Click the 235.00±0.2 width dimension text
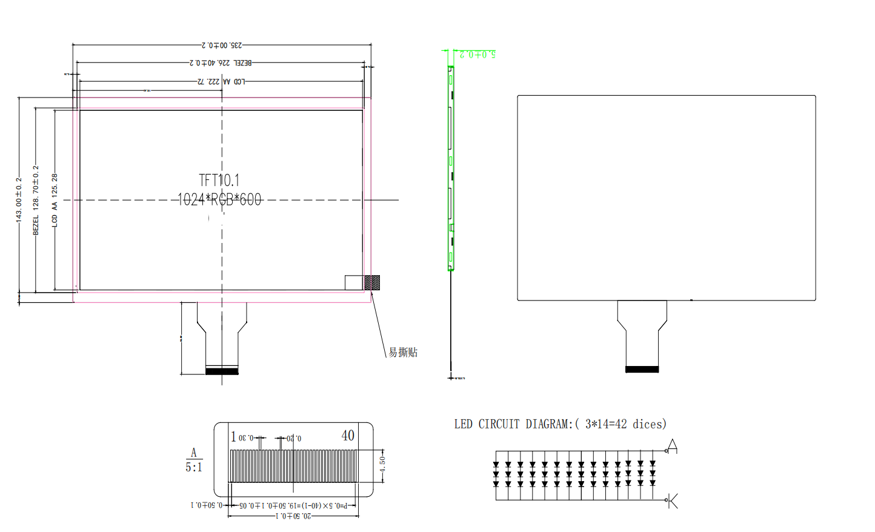[222, 45]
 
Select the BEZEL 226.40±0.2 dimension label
[221, 63]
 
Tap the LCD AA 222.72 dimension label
[221, 82]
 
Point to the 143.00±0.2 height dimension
[19, 200]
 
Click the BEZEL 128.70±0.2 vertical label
[36, 200]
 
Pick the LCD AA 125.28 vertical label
[55, 200]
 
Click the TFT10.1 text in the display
[219, 180]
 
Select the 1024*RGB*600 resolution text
[219, 199]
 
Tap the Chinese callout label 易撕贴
[403, 353]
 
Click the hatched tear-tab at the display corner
[372, 282]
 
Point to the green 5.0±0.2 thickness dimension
[477, 55]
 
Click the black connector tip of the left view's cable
[222, 371]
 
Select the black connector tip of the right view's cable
[642, 369]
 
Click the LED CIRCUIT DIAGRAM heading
[560, 424]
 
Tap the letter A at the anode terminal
[672, 447]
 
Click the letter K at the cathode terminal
[673, 501]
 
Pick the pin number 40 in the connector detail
[348, 436]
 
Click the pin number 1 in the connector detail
[233, 436]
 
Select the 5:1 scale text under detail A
[194, 467]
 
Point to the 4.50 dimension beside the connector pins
[382, 465]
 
